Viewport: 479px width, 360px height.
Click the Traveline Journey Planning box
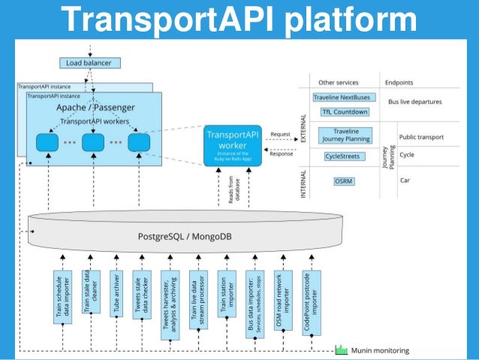(x=343, y=135)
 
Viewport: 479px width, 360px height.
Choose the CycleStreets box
(x=342, y=157)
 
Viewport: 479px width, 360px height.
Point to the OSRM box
(x=343, y=181)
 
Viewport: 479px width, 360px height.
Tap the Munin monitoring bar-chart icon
(x=341, y=350)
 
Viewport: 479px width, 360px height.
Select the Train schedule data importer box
(x=59, y=297)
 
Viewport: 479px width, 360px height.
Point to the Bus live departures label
(x=414, y=101)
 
